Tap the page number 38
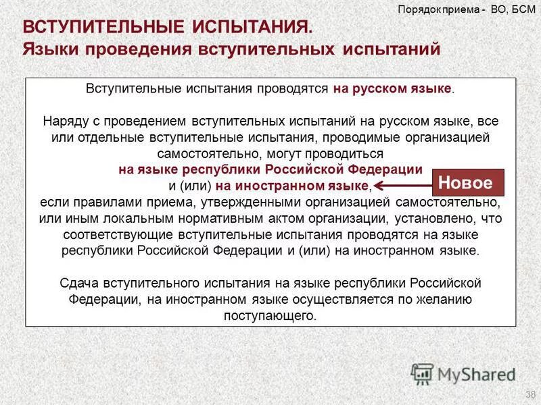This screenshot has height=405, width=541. (530, 395)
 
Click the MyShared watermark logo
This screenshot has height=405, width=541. (463, 373)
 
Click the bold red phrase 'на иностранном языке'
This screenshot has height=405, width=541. (293, 186)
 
